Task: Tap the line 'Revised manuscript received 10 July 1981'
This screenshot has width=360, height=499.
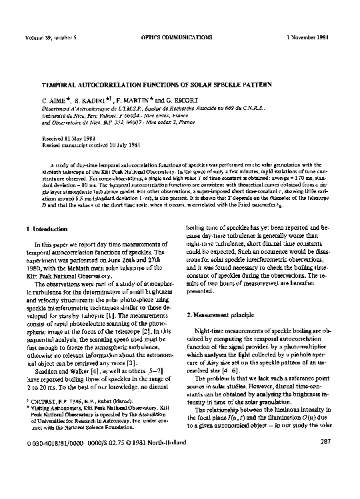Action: click(x=91, y=144)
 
